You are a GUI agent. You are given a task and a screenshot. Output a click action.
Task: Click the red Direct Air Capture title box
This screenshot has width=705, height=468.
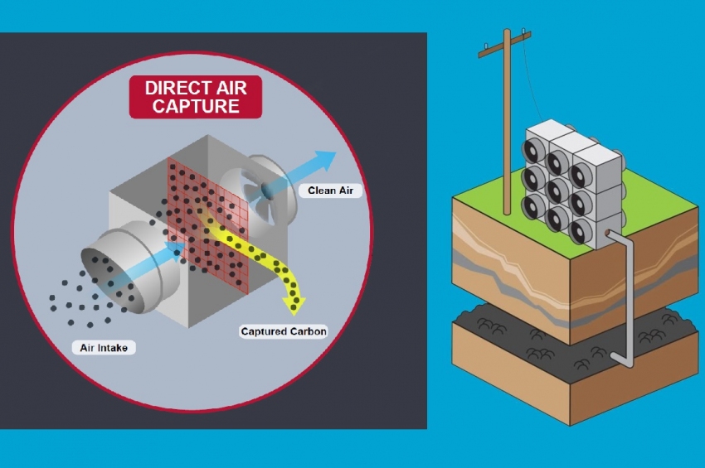[196, 97]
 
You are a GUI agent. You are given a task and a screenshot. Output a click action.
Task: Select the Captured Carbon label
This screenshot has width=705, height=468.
[284, 331]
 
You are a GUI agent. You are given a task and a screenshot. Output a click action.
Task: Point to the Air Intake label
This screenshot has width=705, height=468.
[104, 348]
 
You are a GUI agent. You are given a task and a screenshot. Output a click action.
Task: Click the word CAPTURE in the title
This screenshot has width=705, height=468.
[196, 106]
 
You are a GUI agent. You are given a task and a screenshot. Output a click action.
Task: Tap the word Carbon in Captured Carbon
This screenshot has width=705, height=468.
[307, 331]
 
